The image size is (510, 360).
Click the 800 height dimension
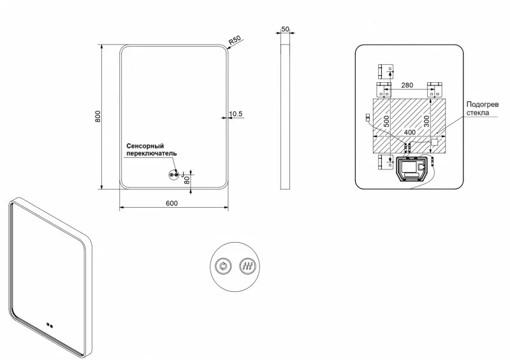pyautogui.click(x=98, y=117)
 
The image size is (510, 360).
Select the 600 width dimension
pyautogui.click(x=171, y=203)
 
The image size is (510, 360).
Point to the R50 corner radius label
pyautogui.click(x=235, y=41)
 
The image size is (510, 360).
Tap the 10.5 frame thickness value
pyautogui.click(x=236, y=114)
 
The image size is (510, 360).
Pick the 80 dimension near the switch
pyautogui.click(x=187, y=180)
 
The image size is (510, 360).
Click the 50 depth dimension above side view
pyautogui.click(x=285, y=30)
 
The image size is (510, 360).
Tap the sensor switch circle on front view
pyautogui.click(x=173, y=175)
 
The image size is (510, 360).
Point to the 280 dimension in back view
pyautogui.click(x=408, y=85)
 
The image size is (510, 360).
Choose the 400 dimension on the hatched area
pyautogui.click(x=409, y=132)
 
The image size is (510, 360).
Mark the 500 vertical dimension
pyautogui.click(x=386, y=121)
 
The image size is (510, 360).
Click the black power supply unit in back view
pyautogui.click(x=412, y=169)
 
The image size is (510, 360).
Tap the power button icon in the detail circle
pyautogui.click(x=223, y=266)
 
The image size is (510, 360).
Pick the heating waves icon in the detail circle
pyautogui.click(x=246, y=266)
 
